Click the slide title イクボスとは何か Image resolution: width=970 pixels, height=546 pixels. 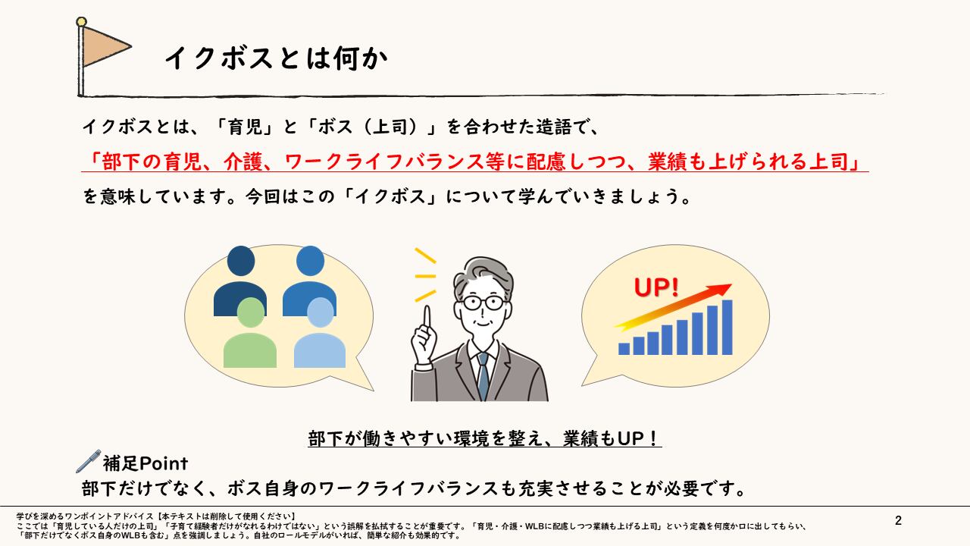pos(276,58)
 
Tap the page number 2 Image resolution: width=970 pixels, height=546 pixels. pos(898,520)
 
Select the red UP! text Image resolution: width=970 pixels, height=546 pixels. pos(656,287)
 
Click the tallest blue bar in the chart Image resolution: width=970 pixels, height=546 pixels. pos(727,327)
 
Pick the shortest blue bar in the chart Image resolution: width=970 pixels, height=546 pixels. pos(624,349)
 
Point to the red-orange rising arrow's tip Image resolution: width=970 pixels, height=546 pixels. pos(731,285)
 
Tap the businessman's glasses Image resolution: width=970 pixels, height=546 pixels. pos(483,303)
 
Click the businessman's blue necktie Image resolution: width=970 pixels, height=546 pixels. pos(483,375)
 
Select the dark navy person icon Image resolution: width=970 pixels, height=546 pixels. pos(240,281)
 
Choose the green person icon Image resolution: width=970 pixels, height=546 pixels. pos(250,333)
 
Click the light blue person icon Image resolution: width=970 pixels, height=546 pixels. pos(320,333)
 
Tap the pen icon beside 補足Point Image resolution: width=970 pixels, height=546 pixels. pos(89,461)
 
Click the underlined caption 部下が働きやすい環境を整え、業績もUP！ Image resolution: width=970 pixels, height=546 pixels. pos(484,438)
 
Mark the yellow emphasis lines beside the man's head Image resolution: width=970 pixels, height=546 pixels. pos(425,275)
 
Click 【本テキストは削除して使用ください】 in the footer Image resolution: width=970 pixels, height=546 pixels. pos(225,516)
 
